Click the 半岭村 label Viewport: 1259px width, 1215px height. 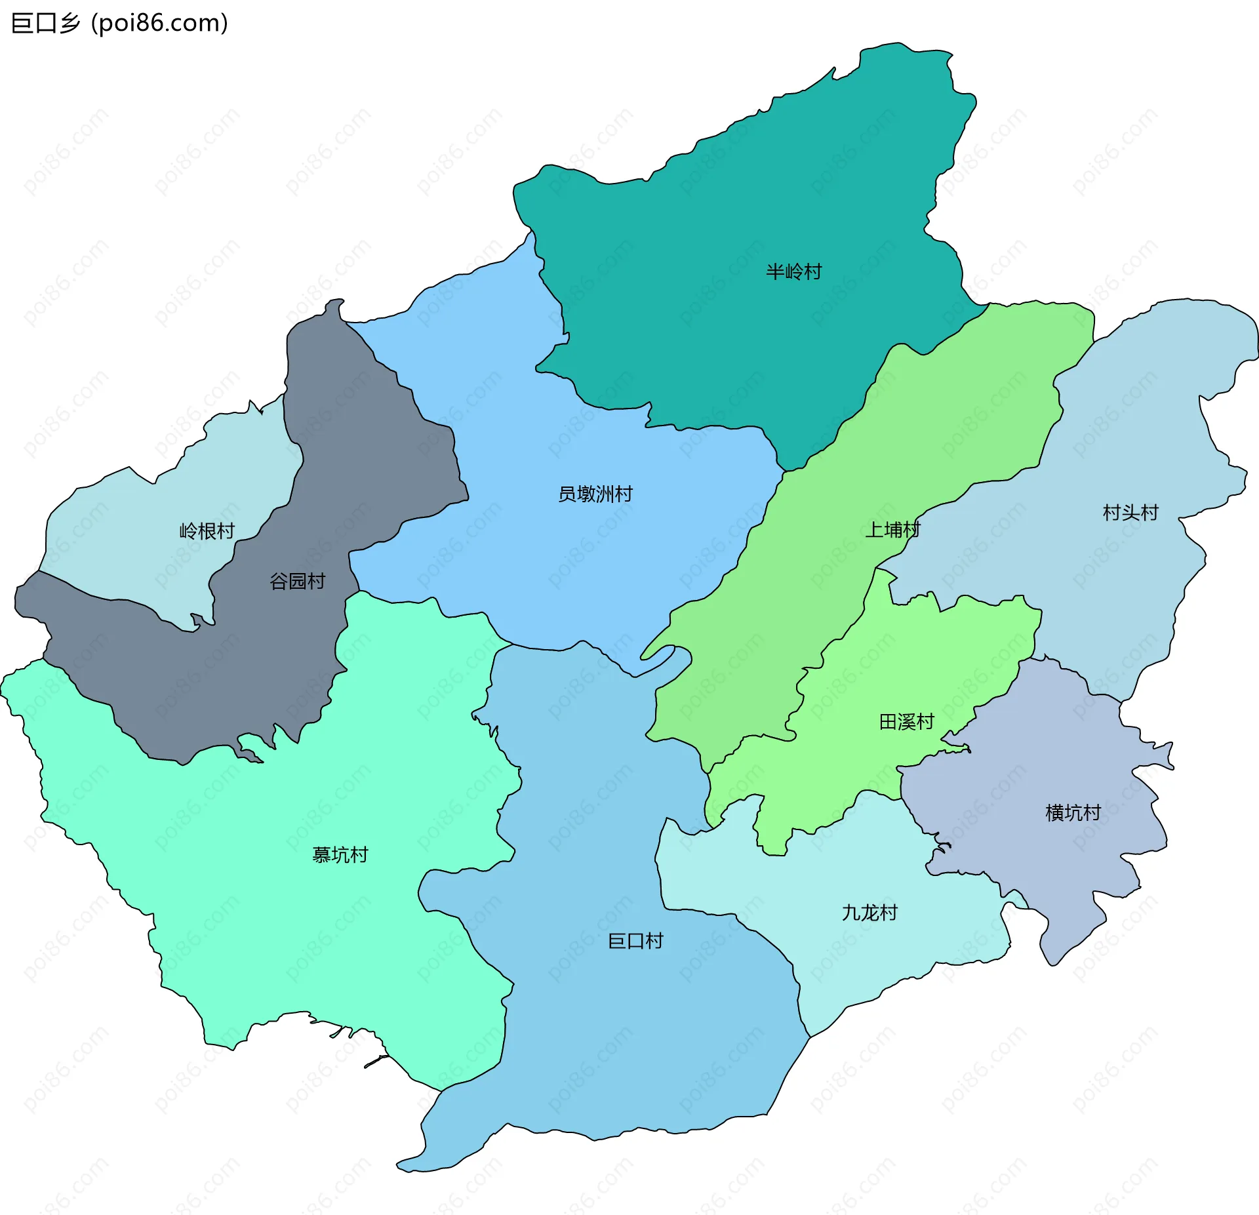click(x=793, y=271)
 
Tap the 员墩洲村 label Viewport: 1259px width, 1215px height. click(x=595, y=494)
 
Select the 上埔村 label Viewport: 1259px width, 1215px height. click(x=892, y=529)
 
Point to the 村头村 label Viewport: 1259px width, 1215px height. click(x=1130, y=512)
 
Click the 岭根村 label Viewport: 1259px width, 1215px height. click(x=207, y=530)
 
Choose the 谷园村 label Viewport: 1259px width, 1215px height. click(x=297, y=581)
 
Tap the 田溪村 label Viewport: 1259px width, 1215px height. click(x=906, y=722)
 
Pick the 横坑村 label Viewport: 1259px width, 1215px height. click(x=1073, y=813)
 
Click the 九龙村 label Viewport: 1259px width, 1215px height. click(x=869, y=913)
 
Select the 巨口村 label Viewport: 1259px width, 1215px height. click(x=635, y=941)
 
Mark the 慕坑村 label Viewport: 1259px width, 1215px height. click(x=340, y=855)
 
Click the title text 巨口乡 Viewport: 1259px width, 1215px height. click(x=46, y=23)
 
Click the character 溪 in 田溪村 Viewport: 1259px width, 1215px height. click(x=906, y=722)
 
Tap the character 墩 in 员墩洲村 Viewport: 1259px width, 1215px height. click(x=586, y=494)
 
